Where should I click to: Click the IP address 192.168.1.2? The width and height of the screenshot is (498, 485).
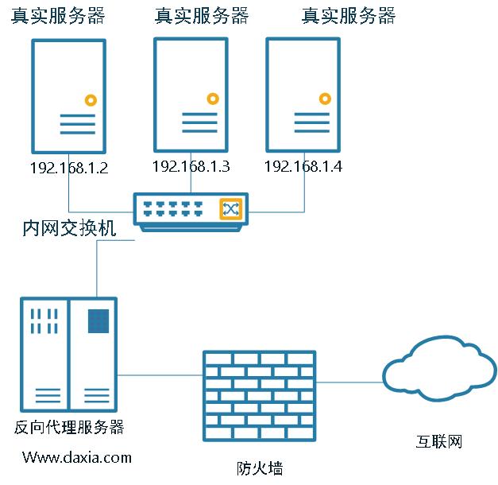pyautogui.click(x=68, y=168)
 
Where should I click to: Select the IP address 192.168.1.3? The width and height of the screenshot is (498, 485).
pyautogui.click(x=191, y=166)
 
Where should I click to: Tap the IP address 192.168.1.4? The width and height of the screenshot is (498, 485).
pyautogui.click(x=303, y=166)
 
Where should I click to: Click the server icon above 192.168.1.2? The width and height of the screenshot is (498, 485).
pyautogui.click(x=68, y=96)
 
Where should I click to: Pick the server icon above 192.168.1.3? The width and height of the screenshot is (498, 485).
pyautogui.click(x=191, y=94)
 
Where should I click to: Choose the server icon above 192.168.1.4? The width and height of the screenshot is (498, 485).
pyautogui.click(x=303, y=94)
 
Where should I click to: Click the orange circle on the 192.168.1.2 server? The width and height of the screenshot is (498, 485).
pyautogui.click(x=91, y=101)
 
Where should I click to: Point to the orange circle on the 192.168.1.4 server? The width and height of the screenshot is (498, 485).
pyautogui.click(x=325, y=99)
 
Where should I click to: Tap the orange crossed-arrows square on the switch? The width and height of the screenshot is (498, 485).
pyautogui.click(x=230, y=208)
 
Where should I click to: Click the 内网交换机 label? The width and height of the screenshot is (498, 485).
pyautogui.click(x=69, y=230)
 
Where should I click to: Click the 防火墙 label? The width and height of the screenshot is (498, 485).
pyautogui.click(x=260, y=468)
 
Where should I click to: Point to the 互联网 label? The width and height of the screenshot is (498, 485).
pyautogui.click(x=438, y=441)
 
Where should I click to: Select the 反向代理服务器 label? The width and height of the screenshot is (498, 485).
pyautogui.click(x=69, y=427)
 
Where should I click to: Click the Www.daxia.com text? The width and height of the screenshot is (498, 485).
pyautogui.click(x=77, y=457)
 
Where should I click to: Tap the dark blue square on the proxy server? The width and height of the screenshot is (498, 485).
pyautogui.click(x=98, y=320)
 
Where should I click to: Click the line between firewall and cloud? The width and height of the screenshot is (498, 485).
pyautogui.click(x=349, y=382)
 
